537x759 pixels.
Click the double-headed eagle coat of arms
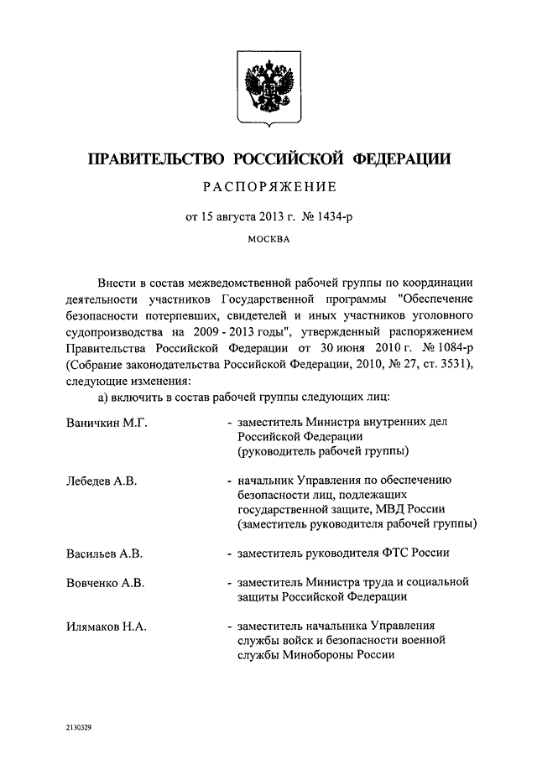(x=268, y=88)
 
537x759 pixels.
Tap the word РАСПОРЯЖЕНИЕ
(x=268, y=186)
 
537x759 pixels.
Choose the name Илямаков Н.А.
(x=107, y=626)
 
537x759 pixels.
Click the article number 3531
(x=453, y=363)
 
